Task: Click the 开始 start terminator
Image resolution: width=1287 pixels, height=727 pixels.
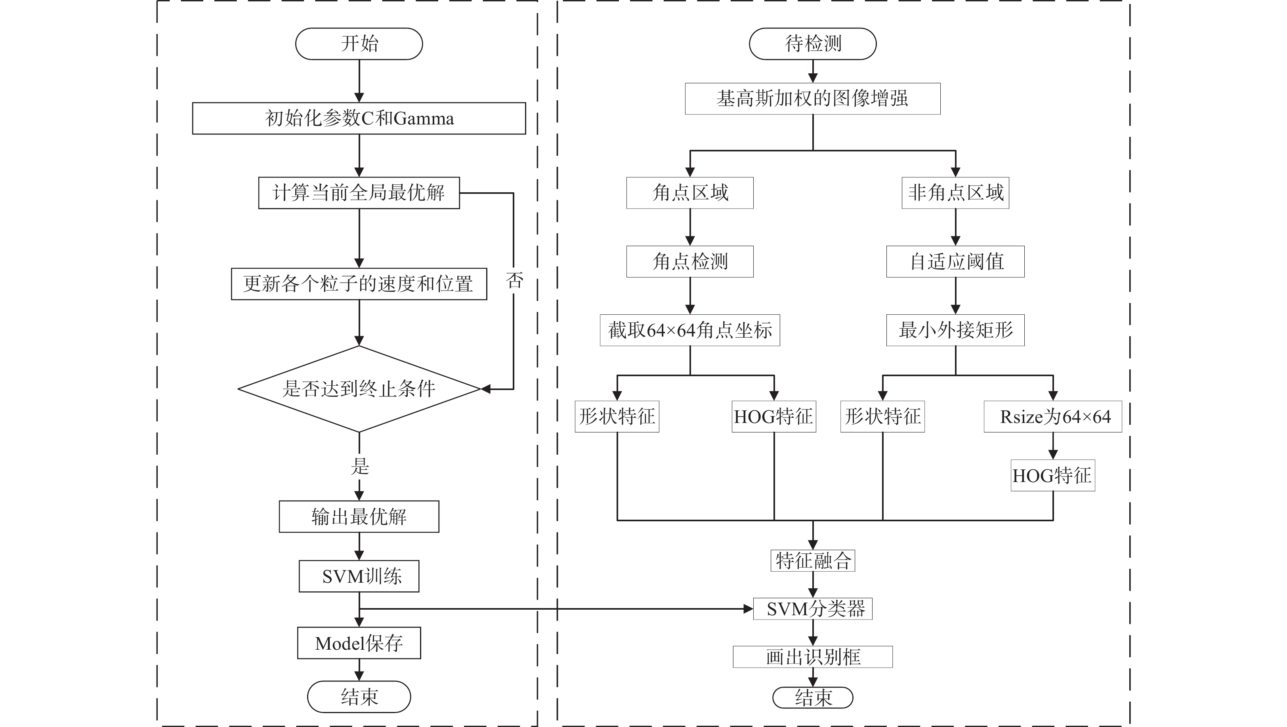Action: pyautogui.click(x=359, y=44)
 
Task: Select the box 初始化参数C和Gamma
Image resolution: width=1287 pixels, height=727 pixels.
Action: pyautogui.click(x=359, y=119)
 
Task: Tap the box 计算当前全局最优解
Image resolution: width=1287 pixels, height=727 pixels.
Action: pyautogui.click(x=359, y=193)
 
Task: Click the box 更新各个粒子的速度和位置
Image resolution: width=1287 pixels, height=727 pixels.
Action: pyautogui.click(x=359, y=284)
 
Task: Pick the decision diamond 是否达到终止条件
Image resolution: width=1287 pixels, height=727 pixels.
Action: pyautogui.click(x=359, y=389)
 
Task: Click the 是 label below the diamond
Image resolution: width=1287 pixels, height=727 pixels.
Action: pyautogui.click(x=360, y=466)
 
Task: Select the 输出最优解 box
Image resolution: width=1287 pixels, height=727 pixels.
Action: pyautogui.click(x=359, y=517)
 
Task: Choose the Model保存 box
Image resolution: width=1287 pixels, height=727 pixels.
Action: pyautogui.click(x=359, y=643)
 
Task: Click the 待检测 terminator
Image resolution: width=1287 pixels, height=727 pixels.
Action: pyautogui.click(x=812, y=44)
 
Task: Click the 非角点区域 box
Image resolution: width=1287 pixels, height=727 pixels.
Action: pyautogui.click(x=955, y=193)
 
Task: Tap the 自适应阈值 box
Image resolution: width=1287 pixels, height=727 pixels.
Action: pyautogui.click(x=955, y=262)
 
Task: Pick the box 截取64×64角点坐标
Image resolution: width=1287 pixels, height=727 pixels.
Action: pyautogui.click(x=690, y=330)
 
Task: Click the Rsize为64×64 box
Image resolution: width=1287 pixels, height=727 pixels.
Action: pyautogui.click(x=1053, y=417)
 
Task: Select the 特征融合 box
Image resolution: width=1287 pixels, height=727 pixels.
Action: pyautogui.click(x=812, y=561)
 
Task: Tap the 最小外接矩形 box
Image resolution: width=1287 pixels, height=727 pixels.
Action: pyautogui.click(x=955, y=330)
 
